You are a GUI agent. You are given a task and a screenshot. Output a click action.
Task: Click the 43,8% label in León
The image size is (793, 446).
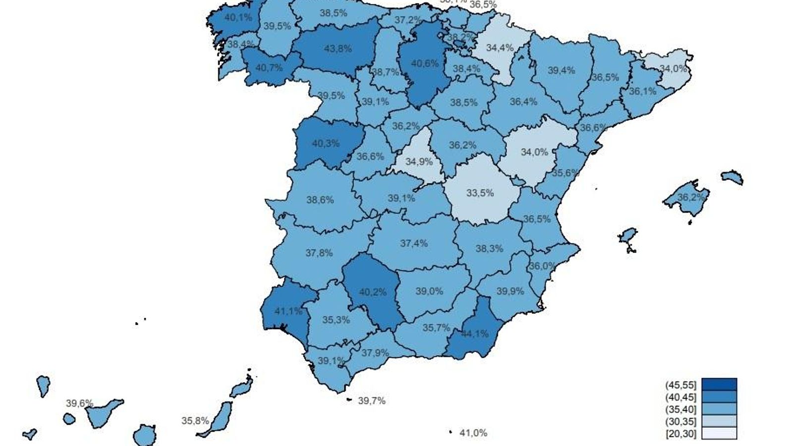click(338, 49)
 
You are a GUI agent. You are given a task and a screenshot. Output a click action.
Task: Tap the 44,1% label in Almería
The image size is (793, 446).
click(474, 334)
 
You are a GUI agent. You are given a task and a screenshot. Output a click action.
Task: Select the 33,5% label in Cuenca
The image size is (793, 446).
click(480, 193)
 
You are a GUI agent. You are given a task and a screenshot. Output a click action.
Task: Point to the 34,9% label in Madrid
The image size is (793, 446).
click(419, 162)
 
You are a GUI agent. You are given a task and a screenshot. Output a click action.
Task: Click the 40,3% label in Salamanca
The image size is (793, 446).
click(326, 143)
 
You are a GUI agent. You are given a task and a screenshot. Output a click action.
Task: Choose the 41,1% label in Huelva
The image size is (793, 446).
click(288, 311)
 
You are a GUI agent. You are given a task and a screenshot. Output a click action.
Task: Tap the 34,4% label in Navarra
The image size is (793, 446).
click(500, 48)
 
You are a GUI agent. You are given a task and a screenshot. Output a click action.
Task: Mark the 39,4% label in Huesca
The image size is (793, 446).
click(561, 70)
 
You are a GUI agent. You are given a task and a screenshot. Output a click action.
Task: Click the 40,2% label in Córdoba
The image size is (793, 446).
click(372, 292)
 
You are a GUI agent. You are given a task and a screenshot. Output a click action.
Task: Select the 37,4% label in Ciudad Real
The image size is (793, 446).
click(413, 243)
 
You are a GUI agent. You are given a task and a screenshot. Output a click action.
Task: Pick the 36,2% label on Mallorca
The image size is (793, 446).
click(690, 197)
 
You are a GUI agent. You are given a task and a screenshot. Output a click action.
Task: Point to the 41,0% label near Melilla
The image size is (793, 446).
click(473, 433)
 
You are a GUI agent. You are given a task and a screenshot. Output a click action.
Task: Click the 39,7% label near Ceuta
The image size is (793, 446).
click(372, 400)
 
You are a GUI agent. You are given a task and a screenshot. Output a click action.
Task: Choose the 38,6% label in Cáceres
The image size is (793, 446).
click(320, 200)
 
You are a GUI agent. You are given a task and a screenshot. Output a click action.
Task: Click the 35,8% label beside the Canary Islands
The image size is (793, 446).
click(195, 421)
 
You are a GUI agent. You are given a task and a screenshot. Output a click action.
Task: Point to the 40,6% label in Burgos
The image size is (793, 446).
click(425, 63)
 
